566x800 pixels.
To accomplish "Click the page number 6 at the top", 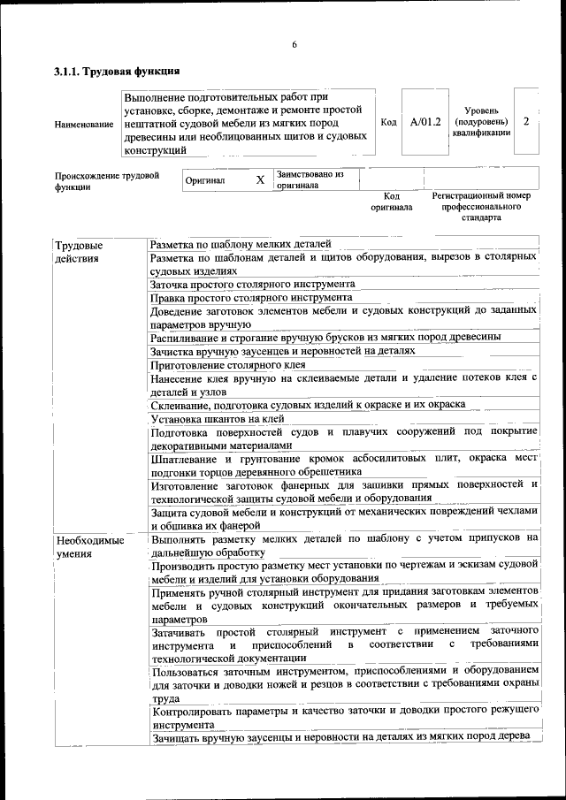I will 294,45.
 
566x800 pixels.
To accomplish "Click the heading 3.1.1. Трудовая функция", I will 117,71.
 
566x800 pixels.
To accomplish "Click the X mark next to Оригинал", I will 260,180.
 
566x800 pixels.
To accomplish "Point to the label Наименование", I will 83,125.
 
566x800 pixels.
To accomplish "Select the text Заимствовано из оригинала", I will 310,180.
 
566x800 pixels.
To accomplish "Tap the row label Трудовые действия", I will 79,252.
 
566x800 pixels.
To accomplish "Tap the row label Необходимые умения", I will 85,545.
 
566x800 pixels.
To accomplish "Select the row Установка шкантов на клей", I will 218,418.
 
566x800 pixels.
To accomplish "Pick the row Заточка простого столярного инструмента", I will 253,285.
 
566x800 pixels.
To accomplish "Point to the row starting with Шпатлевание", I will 343,465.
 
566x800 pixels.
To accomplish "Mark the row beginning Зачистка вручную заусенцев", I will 282,351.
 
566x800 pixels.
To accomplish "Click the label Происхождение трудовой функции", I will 106,181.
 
